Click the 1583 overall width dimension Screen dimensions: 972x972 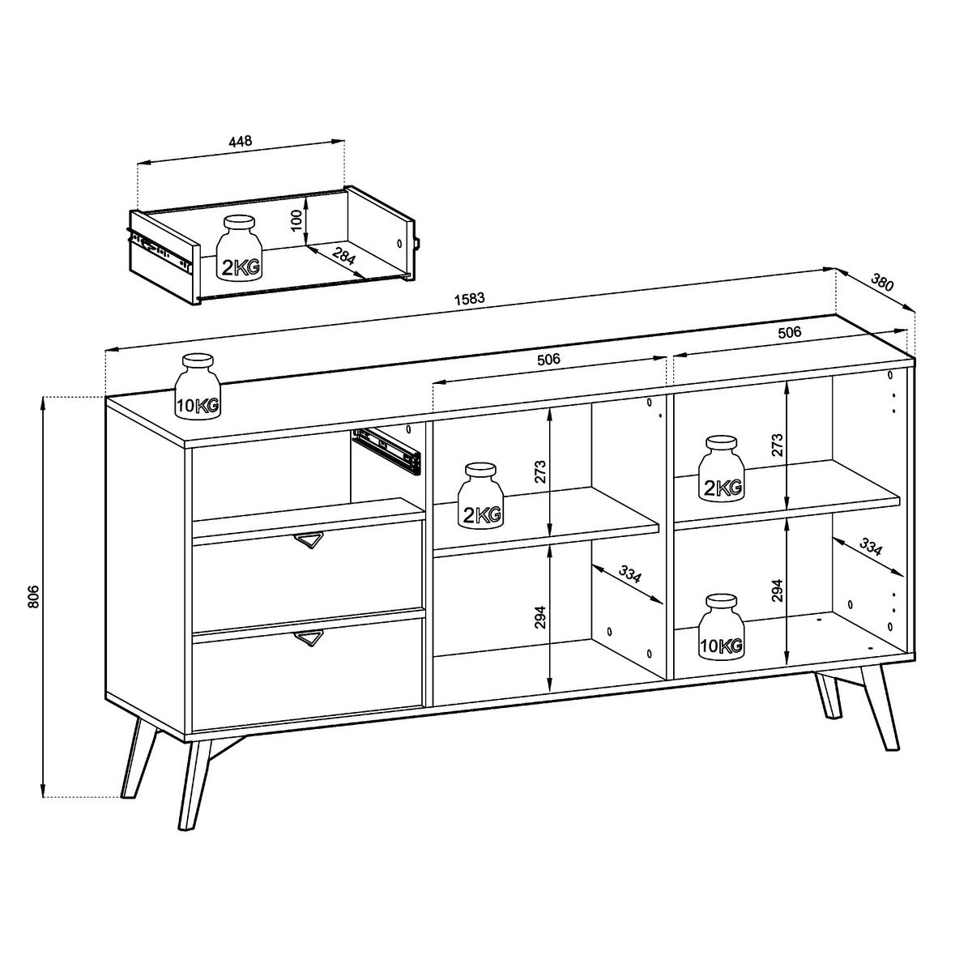(469, 297)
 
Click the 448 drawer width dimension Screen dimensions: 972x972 (241, 141)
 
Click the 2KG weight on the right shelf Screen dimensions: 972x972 (722, 469)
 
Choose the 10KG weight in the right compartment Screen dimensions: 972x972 (722, 628)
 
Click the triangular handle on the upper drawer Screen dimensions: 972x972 (309, 540)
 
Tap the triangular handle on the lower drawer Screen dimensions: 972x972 (309, 638)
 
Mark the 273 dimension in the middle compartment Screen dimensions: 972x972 (541, 472)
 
